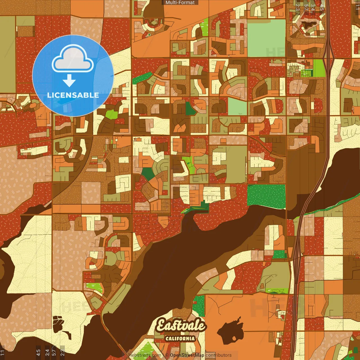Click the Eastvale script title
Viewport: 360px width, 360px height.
pyautogui.click(x=181, y=326)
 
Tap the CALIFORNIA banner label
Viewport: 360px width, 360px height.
pyautogui.click(x=180, y=338)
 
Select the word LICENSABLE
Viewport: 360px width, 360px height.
pyautogui.click(x=73, y=95)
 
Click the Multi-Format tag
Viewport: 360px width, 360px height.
pyautogui.click(x=180, y=3)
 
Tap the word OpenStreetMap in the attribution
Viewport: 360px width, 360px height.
pyautogui.click(x=187, y=355)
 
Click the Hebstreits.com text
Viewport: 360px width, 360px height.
pyautogui.click(x=145, y=355)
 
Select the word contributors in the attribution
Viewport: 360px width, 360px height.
pyautogui.click(x=219, y=355)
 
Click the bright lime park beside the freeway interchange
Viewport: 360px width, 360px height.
pyautogui.click(x=319, y=68)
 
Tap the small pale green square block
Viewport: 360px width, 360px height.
pyautogui.click(x=237, y=107)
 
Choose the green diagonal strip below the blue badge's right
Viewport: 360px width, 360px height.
pyautogui.click(x=142, y=78)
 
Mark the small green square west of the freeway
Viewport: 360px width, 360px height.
pyautogui.click(x=279, y=254)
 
